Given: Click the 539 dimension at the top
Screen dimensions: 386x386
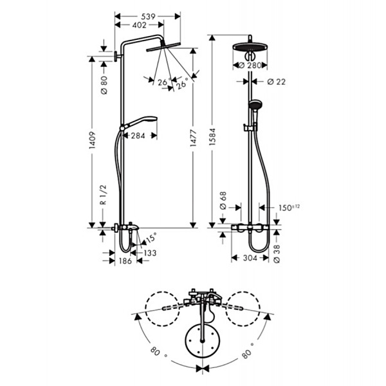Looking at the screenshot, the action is click(x=148, y=17).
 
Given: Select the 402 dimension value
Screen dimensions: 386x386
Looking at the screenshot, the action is click(x=140, y=25).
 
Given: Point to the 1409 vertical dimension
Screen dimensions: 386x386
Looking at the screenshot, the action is click(x=92, y=140).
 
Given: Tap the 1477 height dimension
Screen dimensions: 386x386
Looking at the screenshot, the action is click(x=194, y=138).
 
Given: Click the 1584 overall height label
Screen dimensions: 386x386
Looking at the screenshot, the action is click(x=212, y=136).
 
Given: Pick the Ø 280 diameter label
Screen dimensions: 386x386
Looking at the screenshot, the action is click(x=250, y=66).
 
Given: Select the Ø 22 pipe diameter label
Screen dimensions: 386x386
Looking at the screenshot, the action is click(x=277, y=82).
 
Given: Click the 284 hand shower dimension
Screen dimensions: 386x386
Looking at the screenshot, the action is click(x=138, y=136).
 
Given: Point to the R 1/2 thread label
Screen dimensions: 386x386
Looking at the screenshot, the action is click(x=103, y=195).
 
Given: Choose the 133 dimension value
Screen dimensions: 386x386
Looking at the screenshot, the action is click(x=150, y=253).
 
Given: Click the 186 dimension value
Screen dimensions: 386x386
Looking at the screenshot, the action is click(x=125, y=261).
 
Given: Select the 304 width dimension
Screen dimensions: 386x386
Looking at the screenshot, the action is click(x=250, y=258).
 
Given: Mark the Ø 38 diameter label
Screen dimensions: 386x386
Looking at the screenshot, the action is click(x=277, y=254).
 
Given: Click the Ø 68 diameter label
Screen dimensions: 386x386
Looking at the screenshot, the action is click(x=223, y=201).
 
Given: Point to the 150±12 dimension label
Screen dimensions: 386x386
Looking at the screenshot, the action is click(x=289, y=208).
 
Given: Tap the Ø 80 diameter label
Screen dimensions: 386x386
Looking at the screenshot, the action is click(x=104, y=85).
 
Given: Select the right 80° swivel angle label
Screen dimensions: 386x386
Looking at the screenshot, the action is click(x=248, y=351).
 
